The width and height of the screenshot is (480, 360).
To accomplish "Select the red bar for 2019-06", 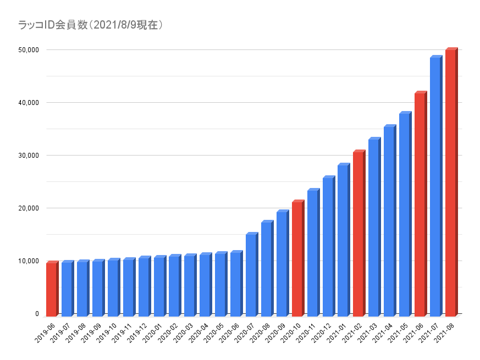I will tap(51, 289).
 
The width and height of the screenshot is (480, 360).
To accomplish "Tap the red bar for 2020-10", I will tap(297, 258).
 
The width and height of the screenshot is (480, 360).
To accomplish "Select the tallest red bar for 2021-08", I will tap(450, 181).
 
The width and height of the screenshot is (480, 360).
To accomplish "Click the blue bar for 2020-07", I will tap(251, 274).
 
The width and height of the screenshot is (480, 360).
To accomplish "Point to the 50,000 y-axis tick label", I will tap(27, 50).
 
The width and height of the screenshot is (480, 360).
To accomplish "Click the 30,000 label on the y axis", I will tap(27, 156).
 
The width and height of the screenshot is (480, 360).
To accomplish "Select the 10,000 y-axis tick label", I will tap(27, 261).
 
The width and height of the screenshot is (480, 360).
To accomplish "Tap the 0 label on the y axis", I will tap(37, 314).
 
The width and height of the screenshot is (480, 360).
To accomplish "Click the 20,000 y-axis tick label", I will tap(27, 208).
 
